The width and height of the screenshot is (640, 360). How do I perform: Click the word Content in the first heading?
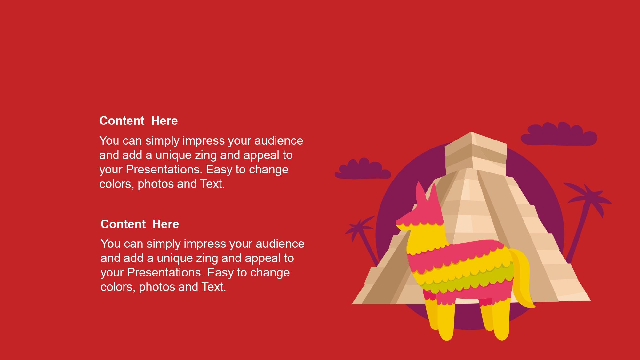(x=122, y=121)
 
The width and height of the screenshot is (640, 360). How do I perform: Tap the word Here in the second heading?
(x=166, y=224)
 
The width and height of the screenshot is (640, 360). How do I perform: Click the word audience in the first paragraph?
(x=279, y=141)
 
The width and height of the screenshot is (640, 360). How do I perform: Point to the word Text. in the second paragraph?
(x=214, y=287)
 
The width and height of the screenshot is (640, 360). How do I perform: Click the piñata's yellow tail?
(x=522, y=278)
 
